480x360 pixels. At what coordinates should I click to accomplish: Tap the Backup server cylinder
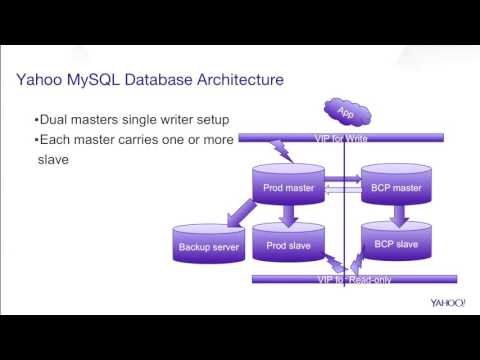[x=208, y=245]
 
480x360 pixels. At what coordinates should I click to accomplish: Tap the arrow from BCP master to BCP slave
[x=397, y=214]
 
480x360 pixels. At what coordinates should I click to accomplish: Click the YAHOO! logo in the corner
[x=448, y=302]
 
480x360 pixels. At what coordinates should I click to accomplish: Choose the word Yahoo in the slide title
[x=45, y=79]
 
